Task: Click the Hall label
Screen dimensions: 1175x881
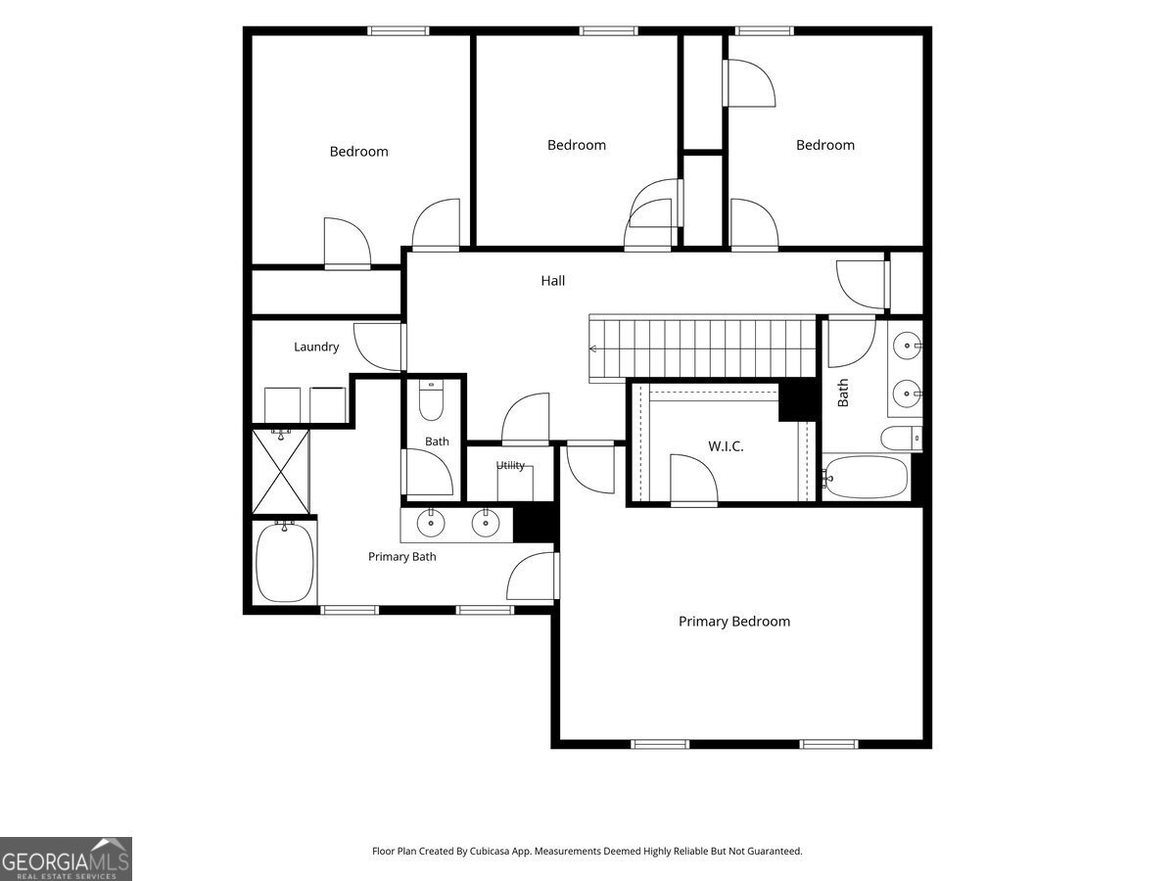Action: [x=552, y=281]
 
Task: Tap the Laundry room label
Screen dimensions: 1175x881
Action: [x=316, y=348]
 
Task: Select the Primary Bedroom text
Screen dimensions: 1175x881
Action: [x=734, y=622]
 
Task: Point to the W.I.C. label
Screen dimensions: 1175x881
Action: [x=726, y=446]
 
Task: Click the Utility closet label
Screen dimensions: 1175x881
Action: [x=510, y=465]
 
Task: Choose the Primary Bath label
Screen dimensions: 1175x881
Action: [x=402, y=557]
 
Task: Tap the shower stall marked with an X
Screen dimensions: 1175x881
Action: [x=281, y=472]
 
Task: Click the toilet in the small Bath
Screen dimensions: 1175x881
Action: [x=431, y=400]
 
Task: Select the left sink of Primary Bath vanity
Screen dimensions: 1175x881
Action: [x=431, y=523]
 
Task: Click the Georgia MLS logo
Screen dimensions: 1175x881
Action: [x=66, y=859]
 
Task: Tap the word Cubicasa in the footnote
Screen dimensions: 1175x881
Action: [x=490, y=851]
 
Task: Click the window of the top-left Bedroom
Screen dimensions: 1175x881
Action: [x=399, y=31]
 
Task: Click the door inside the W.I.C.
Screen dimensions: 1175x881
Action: [x=694, y=480]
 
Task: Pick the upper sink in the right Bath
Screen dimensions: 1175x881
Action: [x=908, y=345]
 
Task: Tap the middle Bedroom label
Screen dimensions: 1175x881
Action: [x=577, y=145]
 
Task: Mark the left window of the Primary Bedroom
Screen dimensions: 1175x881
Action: [x=660, y=744]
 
